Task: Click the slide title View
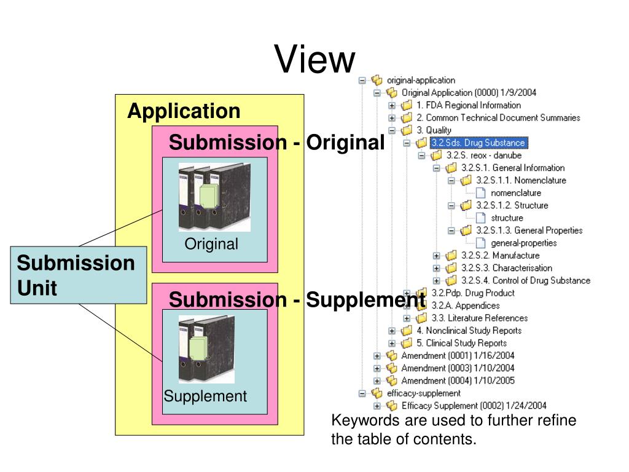(x=314, y=60)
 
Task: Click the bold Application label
(x=184, y=111)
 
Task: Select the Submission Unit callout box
(x=79, y=275)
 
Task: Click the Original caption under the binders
(x=211, y=244)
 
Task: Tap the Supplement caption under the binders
(x=205, y=396)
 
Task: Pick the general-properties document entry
(x=523, y=243)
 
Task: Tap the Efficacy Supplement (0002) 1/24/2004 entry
(x=474, y=406)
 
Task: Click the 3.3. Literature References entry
(x=479, y=318)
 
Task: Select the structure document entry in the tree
(x=507, y=218)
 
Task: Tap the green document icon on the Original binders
(x=207, y=197)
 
